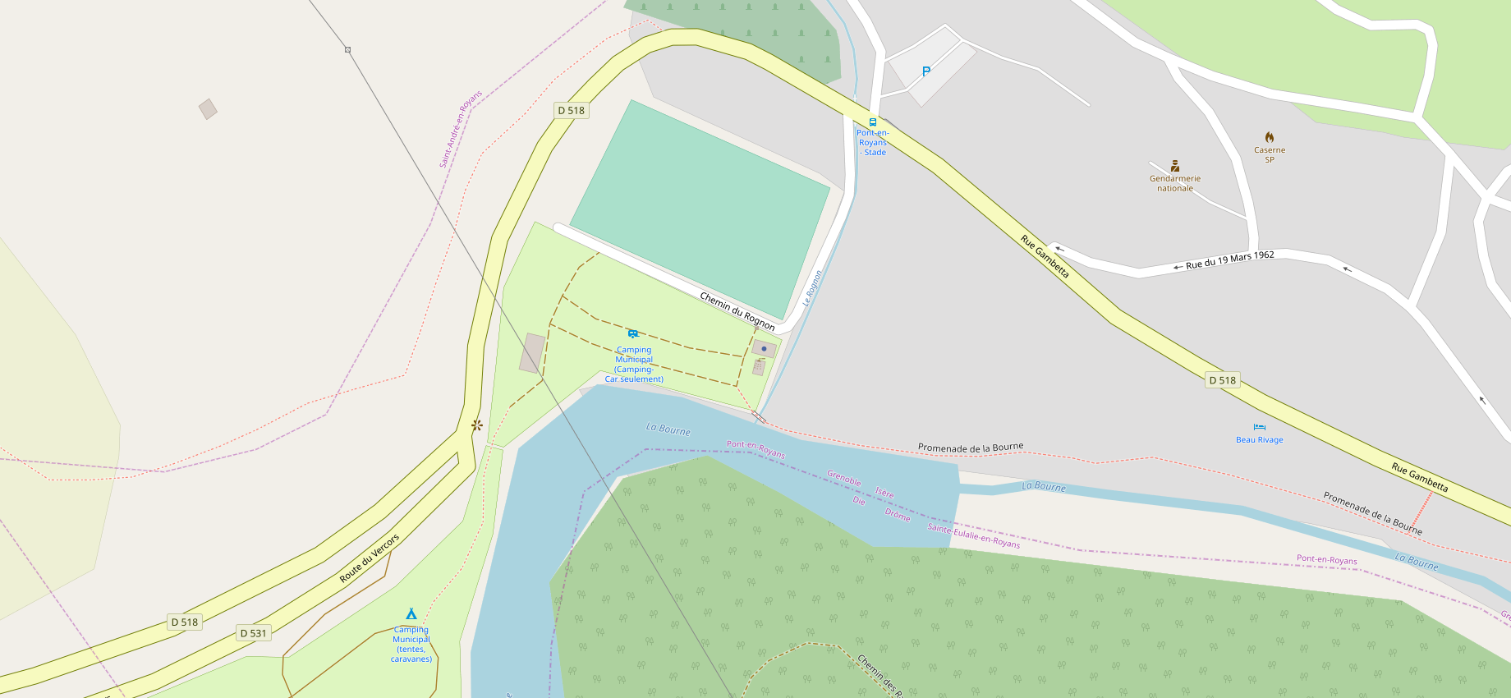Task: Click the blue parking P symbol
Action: pos(926,71)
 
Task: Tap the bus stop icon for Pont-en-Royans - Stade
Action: pos(873,122)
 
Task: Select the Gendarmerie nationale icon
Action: pos(1175,166)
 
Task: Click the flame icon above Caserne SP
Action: pos(1270,137)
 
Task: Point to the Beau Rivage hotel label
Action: pos(1259,439)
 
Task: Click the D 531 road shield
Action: pos(254,633)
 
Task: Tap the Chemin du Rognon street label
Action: pos(737,310)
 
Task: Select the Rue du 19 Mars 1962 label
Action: pos(1229,259)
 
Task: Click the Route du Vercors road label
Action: pos(370,558)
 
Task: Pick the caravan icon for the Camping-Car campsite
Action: pos(633,333)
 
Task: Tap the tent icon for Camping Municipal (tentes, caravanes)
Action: pos(411,613)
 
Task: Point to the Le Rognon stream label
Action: pos(812,288)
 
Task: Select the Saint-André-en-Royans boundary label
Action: pos(461,130)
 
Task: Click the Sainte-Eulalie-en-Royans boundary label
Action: pos(973,535)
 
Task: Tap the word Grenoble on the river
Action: pos(843,478)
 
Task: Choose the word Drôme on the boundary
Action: pos(898,515)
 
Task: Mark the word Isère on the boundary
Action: pos(884,493)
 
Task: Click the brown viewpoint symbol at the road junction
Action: pos(476,425)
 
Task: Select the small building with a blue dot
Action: pos(764,349)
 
